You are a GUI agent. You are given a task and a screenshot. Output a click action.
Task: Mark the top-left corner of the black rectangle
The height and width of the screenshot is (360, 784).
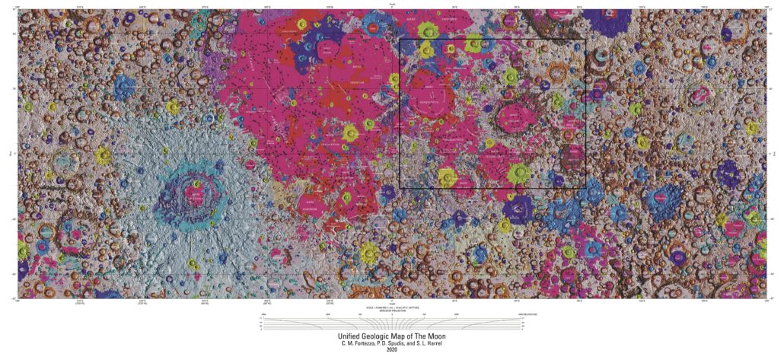pyautogui.click(x=400, y=40)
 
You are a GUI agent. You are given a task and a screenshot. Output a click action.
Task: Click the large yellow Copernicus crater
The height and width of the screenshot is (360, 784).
pyautogui.click(x=349, y=133)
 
